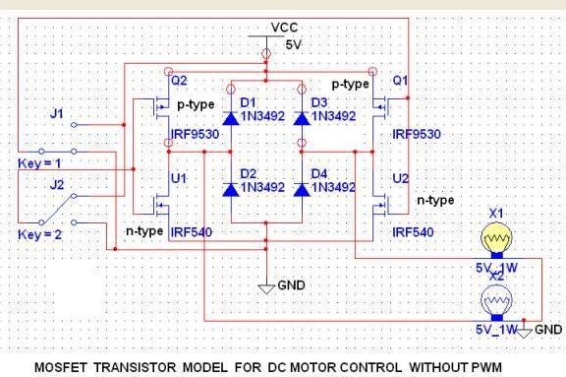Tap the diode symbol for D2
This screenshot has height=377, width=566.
tap(231, 187)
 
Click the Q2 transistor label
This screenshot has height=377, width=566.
tap(180, 83)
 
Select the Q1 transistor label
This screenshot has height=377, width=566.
tap(400, 84)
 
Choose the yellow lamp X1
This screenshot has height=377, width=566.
tap(495, 241)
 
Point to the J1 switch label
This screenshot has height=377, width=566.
tap(57, 113)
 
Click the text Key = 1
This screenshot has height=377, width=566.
tap(40, 161)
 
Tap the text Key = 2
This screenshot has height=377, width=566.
tap(40, 234)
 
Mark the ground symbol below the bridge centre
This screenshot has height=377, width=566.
tap(265, 286)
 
